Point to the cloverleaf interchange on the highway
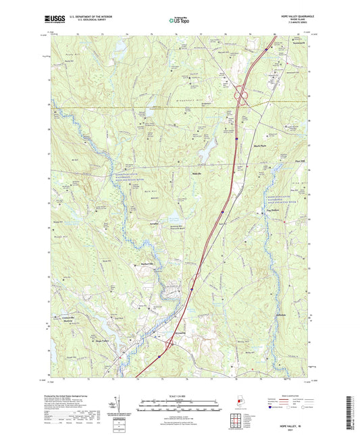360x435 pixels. click(x=241, y=99)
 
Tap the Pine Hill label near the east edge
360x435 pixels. click(x=301, y=160)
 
